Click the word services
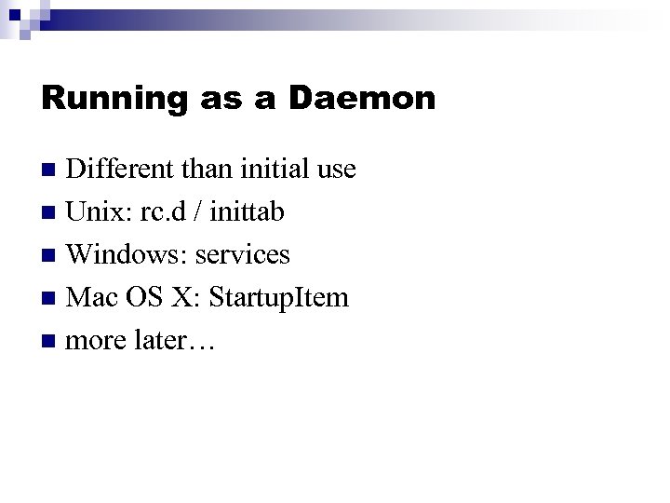[x=242, y=254]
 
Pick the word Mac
[x=92, y=297]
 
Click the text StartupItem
[x=279, y=297]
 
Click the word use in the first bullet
[x=336, y=170]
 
